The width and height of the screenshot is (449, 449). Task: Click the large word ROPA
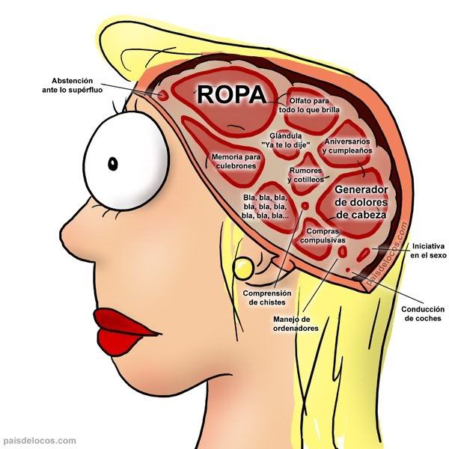[x=230, y=95]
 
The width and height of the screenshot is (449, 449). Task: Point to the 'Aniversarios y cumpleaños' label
[x=346, y=146]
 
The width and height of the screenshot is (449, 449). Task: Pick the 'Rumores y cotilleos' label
[x=305, y=175]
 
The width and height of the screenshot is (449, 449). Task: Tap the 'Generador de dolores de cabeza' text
[x=361, y=202]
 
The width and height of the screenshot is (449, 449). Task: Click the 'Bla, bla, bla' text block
[x=266, y=207]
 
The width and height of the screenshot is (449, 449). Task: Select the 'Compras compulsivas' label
[x=323, y=236]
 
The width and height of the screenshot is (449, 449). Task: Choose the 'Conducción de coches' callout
[x=424, y=314]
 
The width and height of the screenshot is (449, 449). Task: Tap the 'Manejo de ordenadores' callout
[x=296, y=324]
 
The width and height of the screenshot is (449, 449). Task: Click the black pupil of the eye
[x=112, y=163]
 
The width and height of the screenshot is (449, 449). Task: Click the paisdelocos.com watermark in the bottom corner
[x=39, y=442]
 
